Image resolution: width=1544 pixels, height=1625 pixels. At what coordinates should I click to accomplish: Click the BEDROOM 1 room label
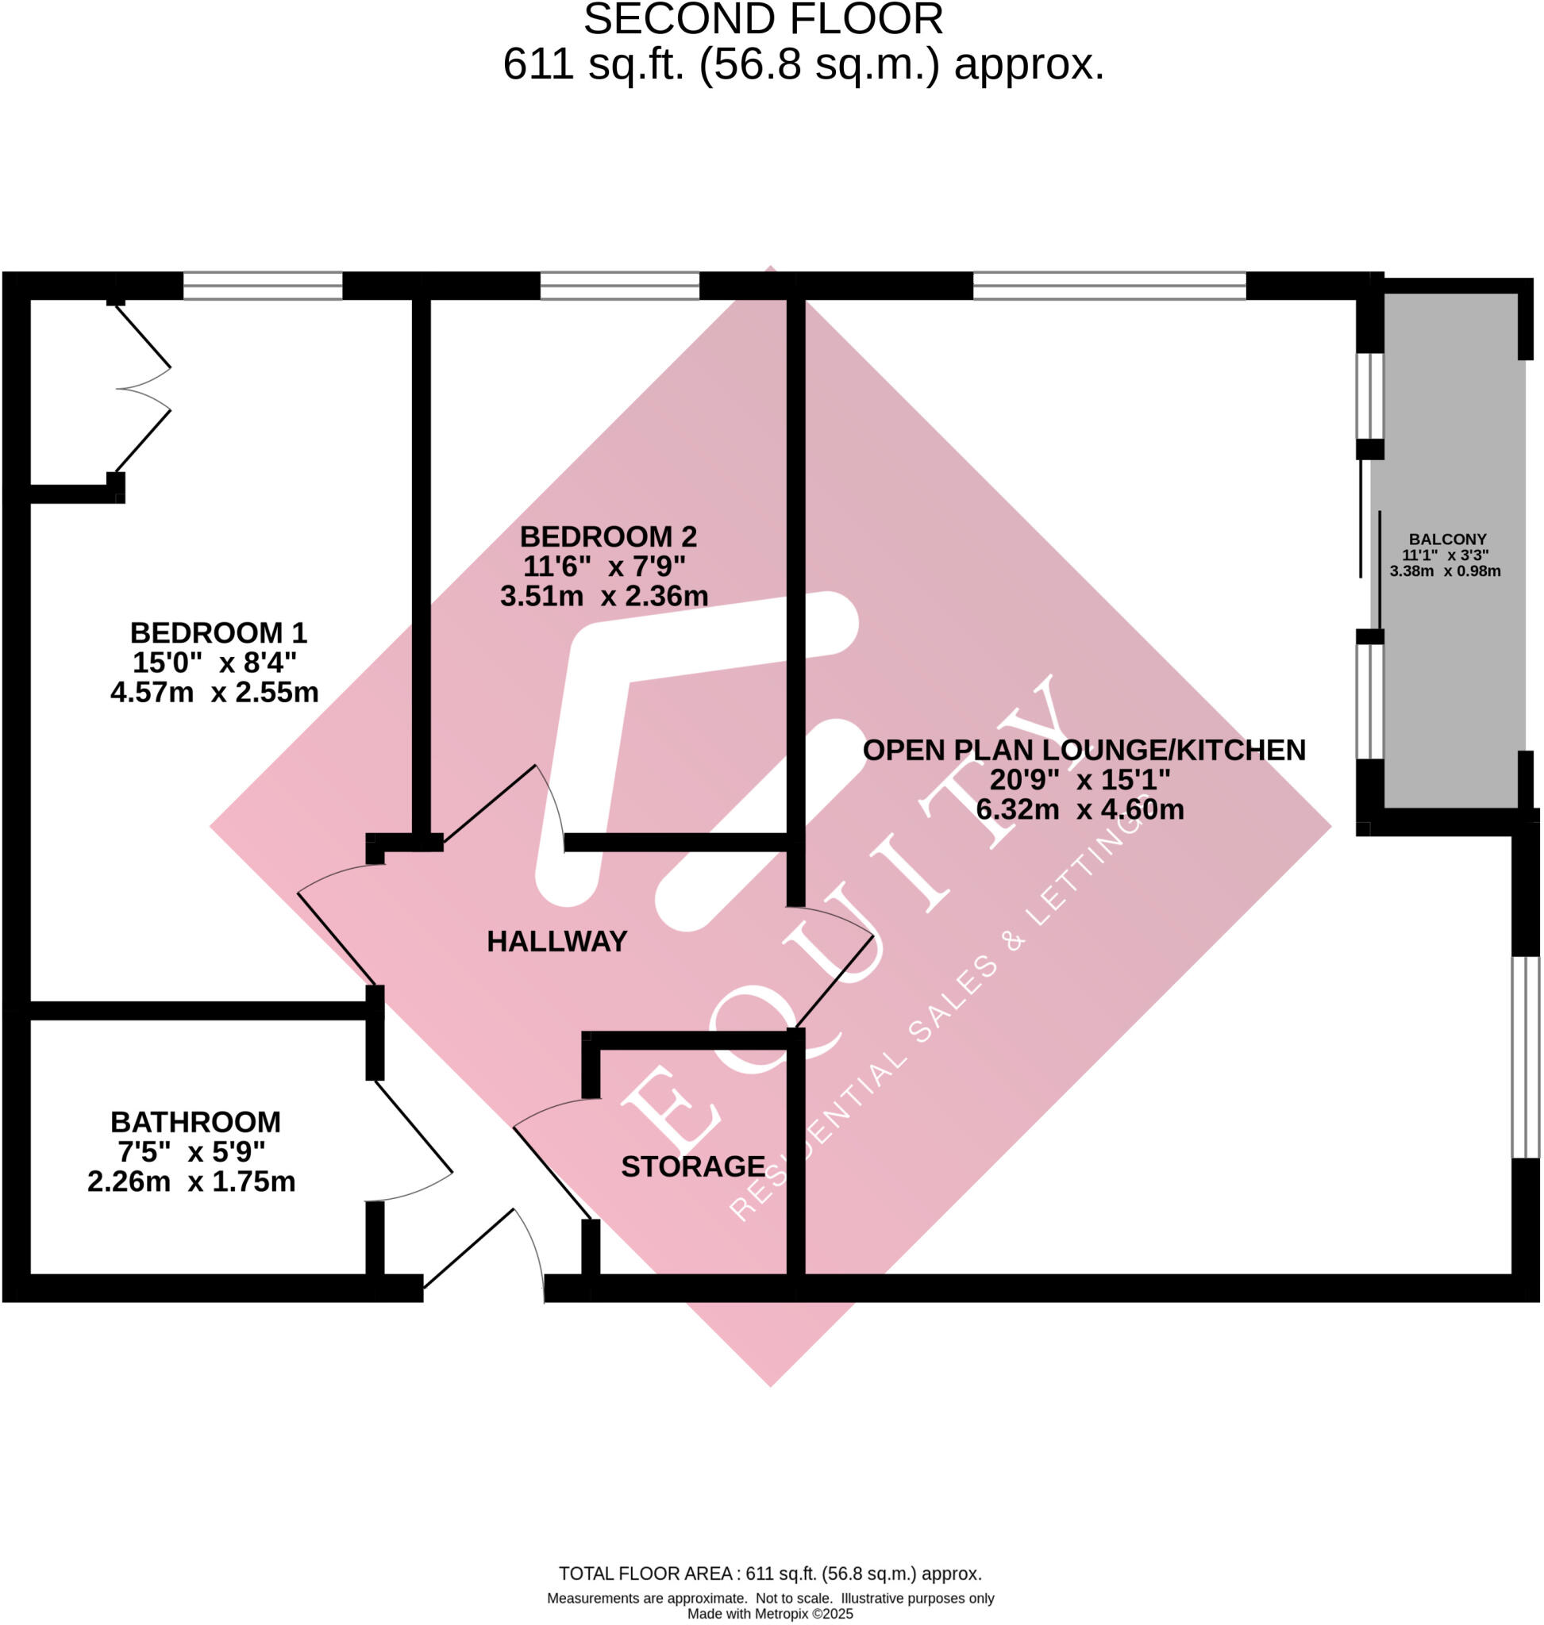pos(218,632)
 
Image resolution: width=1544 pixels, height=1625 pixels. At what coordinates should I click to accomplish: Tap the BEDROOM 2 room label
pos(608,536)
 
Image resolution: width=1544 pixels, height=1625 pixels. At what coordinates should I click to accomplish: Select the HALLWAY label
pos(556,941)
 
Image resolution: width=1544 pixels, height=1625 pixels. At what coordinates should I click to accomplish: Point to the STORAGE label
pos(693,1166)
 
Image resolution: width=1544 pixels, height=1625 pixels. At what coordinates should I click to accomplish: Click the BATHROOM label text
pos(195,1121)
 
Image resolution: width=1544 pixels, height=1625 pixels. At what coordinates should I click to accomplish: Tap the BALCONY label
pos(1447,539)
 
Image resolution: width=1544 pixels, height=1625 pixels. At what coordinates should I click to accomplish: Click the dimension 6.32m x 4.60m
pos(1080,809)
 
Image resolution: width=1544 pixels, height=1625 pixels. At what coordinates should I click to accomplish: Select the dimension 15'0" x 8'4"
pos(214,663)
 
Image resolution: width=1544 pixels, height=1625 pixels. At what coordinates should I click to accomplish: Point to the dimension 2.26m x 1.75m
pos(191,1181)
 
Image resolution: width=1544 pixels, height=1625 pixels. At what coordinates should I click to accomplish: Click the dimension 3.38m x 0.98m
pos(1446,571)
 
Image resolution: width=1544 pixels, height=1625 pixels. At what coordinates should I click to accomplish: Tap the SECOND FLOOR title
pos(763,20)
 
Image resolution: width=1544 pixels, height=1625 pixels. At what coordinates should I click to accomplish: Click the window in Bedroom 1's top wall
pos(262,286)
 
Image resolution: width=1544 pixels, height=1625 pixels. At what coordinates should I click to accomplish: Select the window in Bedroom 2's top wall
pos(619,286)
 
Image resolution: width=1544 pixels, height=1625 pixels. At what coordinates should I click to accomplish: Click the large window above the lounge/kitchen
pos(1109,286)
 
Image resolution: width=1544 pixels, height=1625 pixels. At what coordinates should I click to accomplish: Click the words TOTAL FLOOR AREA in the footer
pos(645,1574)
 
